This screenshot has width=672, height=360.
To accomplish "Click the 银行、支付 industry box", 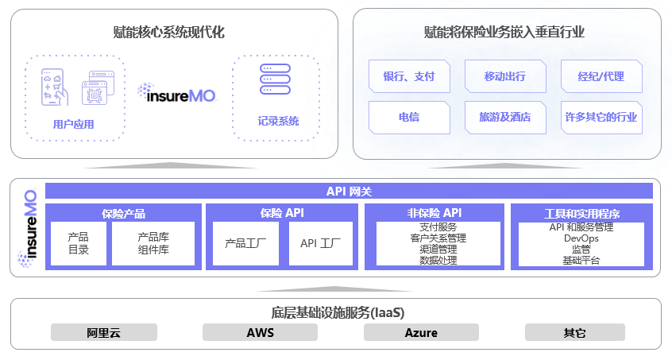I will [410, 77].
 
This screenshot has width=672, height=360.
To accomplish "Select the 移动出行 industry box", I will [505, 77].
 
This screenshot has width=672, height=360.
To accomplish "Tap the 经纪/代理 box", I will [601, 77].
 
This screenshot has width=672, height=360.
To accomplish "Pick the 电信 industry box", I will [410, 117].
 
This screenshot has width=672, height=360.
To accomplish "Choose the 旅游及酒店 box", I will [505, 117].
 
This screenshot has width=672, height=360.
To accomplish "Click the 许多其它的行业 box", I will [601, 117].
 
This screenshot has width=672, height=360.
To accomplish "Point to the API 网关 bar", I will [349, 191].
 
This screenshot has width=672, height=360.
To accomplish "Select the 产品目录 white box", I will [78, 243].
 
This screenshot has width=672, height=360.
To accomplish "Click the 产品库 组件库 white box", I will [153, 243].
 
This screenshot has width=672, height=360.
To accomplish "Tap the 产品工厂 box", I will [246, 243].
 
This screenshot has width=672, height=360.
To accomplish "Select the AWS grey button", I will [260, 332].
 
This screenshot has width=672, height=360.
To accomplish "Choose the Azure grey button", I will [421, 332].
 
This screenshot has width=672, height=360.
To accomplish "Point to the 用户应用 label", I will [73, 124].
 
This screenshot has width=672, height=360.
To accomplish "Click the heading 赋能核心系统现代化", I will [169, 33].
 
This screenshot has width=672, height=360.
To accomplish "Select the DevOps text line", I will [581, 238].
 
